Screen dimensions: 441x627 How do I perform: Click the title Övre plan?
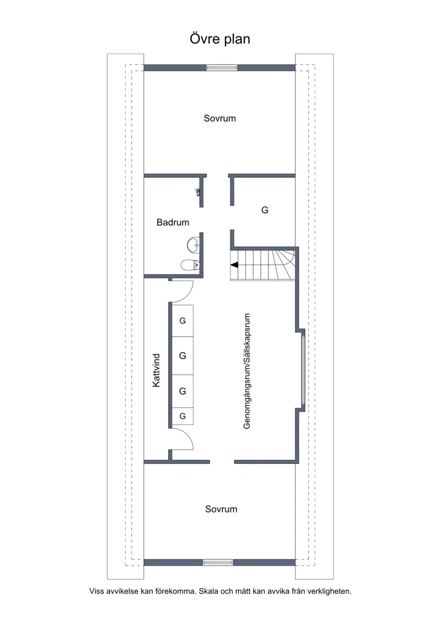pos(220,39)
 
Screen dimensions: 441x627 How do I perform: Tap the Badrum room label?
pos(173,223)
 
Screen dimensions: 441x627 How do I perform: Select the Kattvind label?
pos(156,370)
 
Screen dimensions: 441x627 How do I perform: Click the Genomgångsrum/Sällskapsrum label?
pos(246,371)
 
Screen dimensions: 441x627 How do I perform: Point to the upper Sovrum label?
pos(220,118)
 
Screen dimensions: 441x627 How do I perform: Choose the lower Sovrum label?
pos(221,509)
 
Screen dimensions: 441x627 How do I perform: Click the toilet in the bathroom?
pos(190,264)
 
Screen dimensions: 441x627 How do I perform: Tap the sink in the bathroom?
pos(193,245)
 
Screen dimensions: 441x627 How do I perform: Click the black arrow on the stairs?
pos(234,264)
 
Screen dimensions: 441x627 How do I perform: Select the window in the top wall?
pos(222,68)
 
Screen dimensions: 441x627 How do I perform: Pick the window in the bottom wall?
pos(218,563)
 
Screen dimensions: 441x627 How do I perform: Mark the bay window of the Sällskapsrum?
pos(303,370)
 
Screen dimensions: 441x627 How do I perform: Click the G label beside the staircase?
pos(265,210)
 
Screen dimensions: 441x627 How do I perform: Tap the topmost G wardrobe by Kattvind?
pos(182,321)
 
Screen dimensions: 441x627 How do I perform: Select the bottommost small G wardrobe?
pos(182,417)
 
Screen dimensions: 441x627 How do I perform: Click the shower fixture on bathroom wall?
pos(198,192)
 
